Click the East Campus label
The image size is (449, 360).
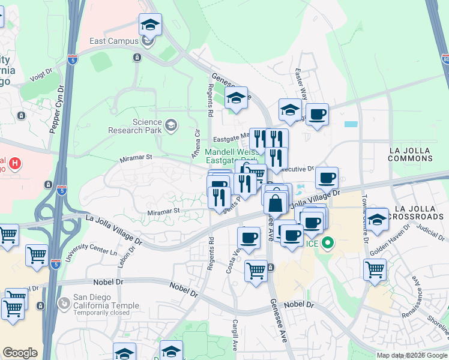click(x=115, y=41)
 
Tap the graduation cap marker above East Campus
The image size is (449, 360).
click(x=149, y=26)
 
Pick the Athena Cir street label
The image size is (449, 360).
click(x=196, y=144)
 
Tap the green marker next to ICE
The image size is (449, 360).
click(x=327, y=244)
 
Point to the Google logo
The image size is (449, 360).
click(x=20, y=353)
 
